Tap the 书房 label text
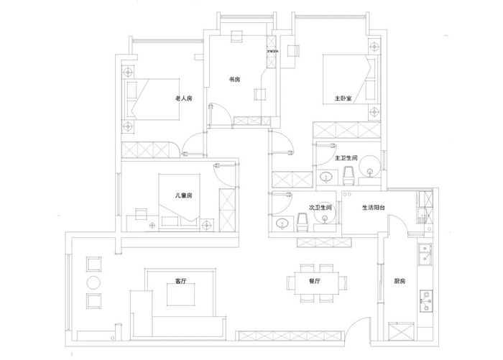[x=234, y=80]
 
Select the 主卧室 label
[x=342, y=98]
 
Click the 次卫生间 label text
[x=320, y=207]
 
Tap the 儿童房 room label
[x=183, y=195]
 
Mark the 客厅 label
[x=180, y=282]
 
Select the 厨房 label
[x=400, y=282]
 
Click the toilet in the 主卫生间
[x=348, y=175]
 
